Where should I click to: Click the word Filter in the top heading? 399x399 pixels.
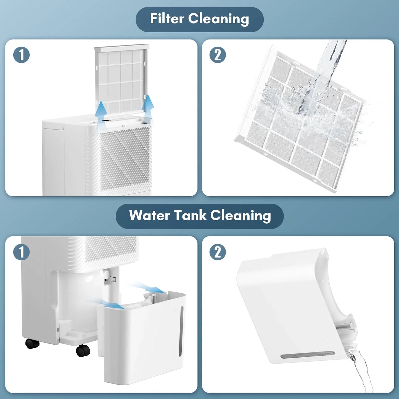[x=167, y=19]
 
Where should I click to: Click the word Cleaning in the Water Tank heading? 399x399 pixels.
[x=241, y=216]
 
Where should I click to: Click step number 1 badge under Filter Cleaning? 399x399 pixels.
[x=22, y=55]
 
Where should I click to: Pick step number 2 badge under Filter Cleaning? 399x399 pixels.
[x=218, y=55]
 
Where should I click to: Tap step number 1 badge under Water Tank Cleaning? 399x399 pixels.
[x=22, y=252]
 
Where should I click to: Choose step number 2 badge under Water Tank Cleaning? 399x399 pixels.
[x=218, y=252]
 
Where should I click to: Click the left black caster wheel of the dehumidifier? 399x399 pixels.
[x=32, y=343]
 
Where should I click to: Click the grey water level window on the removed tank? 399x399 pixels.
[x=181, y=331]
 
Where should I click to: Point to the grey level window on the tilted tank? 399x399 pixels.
[x=307, y=355]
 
